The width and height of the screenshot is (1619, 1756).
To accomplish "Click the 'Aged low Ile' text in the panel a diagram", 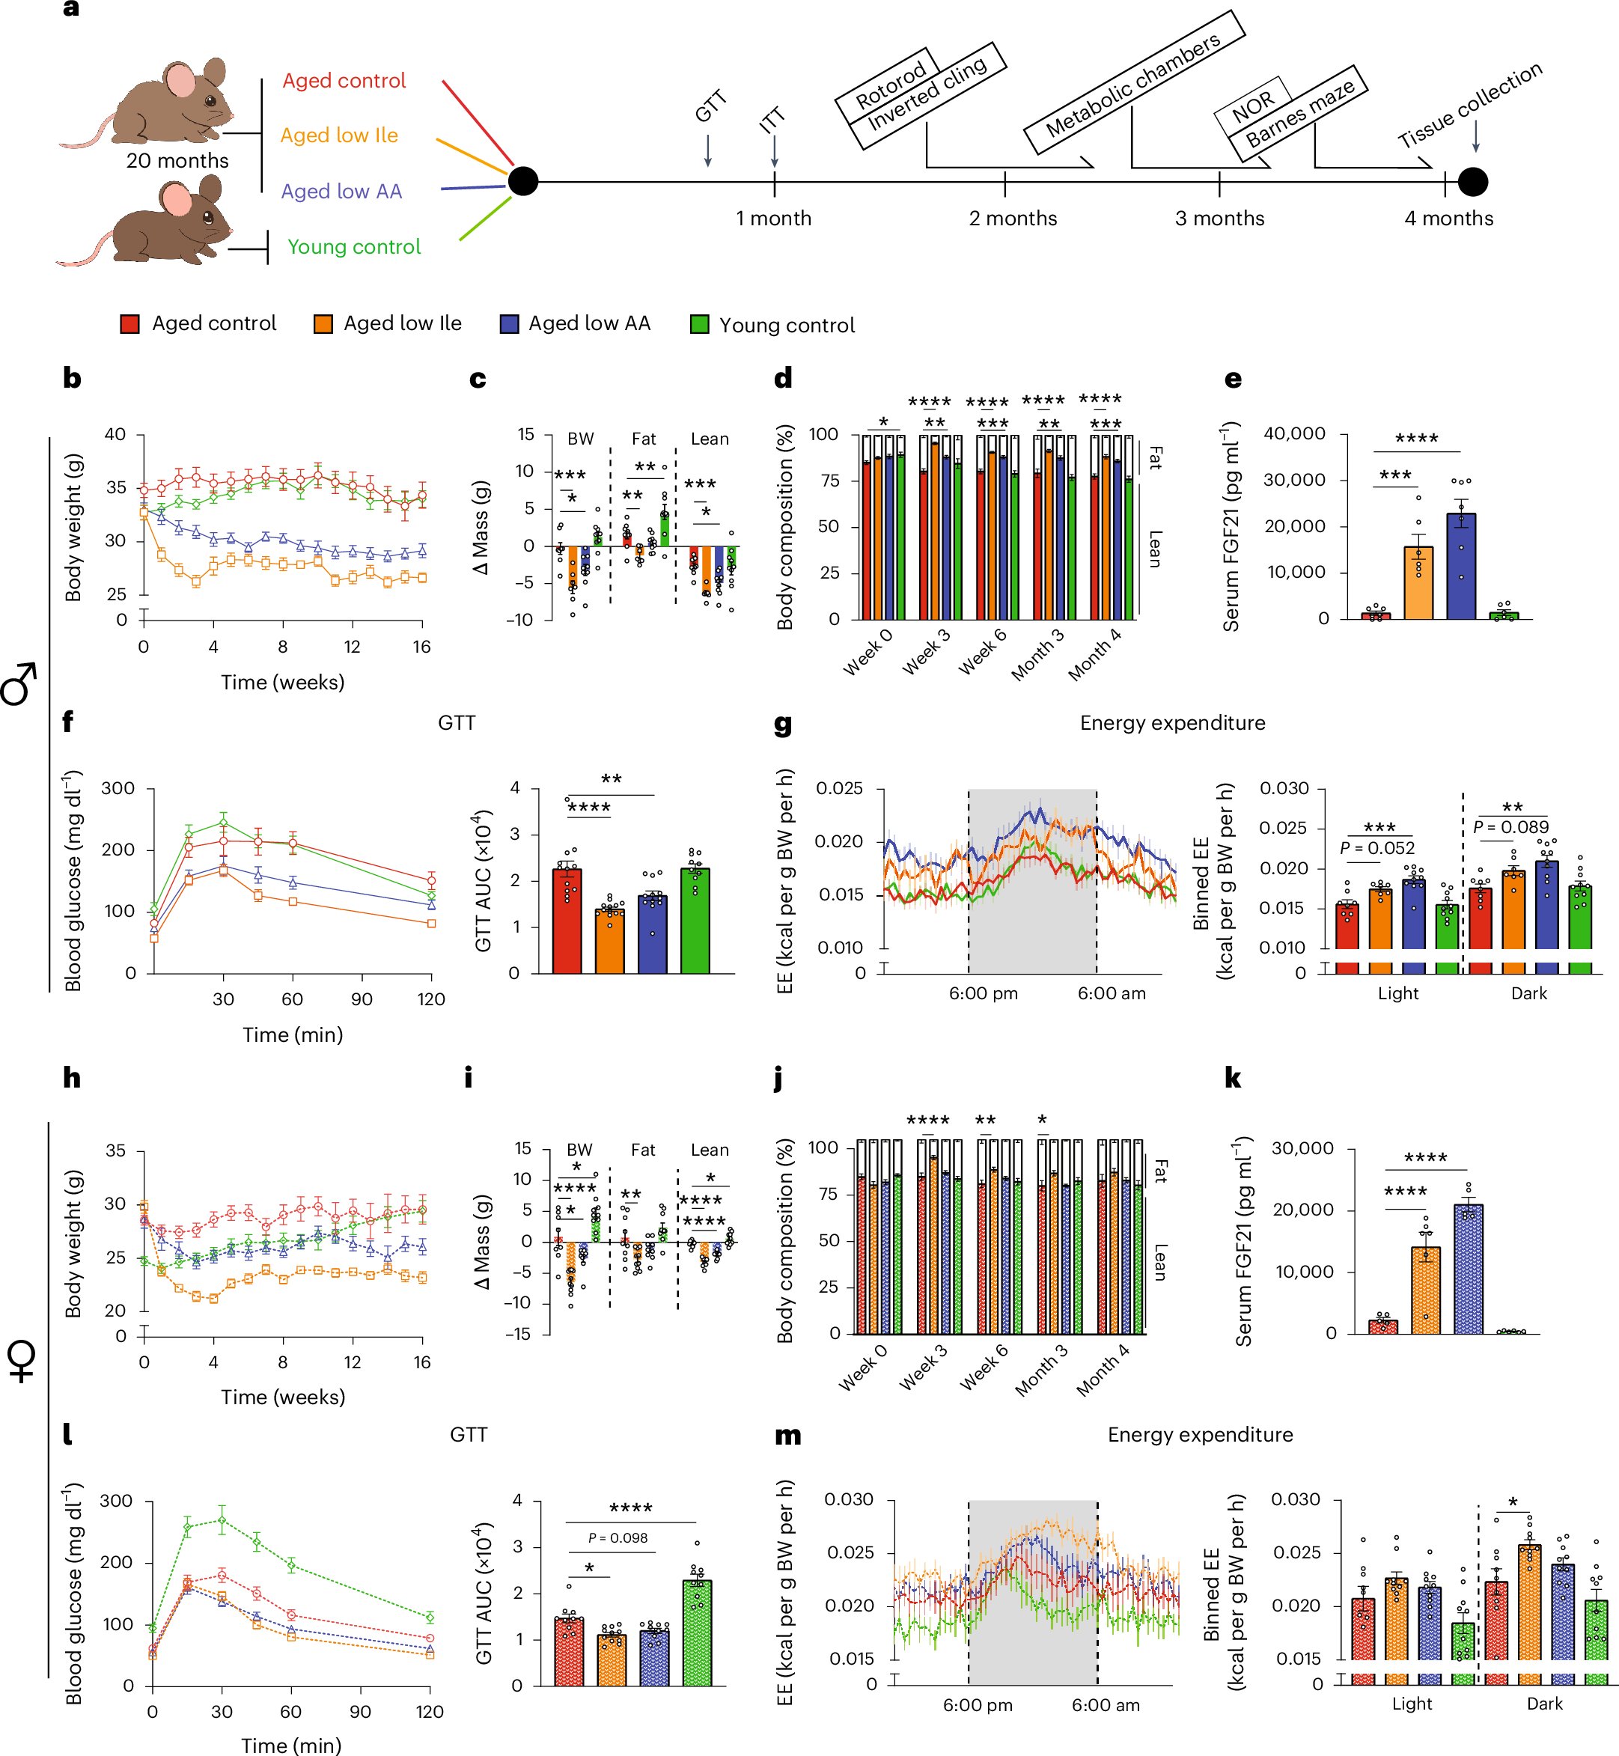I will click(339, 135).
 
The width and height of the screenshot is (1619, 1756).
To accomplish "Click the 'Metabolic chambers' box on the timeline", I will click(1134, 85).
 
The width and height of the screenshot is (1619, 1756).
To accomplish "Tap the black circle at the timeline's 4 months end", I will click(1473, 182).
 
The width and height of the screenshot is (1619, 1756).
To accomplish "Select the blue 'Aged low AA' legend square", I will click(509, 324).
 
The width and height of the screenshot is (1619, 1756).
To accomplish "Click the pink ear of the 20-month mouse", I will click(181, 81).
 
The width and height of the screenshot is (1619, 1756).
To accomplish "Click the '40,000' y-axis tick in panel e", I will click(1294, 433).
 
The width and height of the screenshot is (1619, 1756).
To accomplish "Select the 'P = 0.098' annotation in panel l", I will click(618, 1538).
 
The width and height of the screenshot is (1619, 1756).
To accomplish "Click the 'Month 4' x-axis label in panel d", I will click(1094, 656).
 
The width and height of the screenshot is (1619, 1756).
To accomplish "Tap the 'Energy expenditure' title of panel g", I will click(1172, 723).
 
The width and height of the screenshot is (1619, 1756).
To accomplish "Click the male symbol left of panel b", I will click(19, 684).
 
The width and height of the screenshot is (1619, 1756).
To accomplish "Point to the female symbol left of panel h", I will click(21, 1362).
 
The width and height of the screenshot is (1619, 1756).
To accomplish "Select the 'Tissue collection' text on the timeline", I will click(1469, 104).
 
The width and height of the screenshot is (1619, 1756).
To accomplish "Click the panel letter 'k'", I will click(1232, 1079).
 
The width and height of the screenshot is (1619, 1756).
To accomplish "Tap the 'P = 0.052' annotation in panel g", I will click(1377, 847).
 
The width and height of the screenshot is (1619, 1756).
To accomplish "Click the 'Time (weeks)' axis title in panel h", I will click(282, 1397).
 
